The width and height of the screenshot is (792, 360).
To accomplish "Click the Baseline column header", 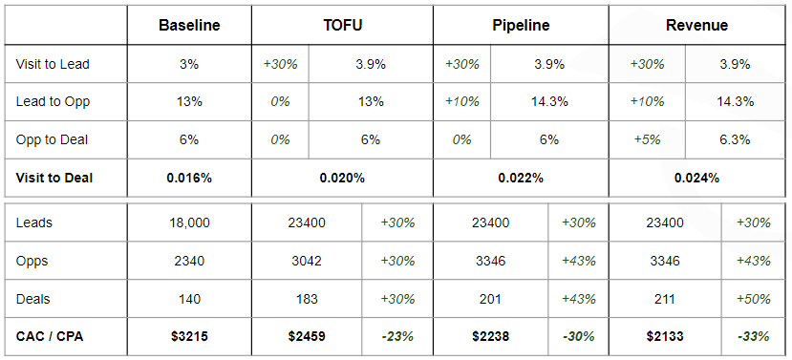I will tap(189, 26).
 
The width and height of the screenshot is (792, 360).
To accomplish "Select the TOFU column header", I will tap(342, 26).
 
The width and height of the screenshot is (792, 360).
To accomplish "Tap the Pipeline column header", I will tap(521, 26).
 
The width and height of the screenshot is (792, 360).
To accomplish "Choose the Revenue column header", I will tap(697, 26).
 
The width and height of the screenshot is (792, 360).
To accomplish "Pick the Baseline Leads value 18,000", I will tap(189, 222).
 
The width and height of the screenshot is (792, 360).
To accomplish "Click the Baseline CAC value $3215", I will tap(189, 336).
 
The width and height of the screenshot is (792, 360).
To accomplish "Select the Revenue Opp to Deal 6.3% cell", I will tap(736, 139).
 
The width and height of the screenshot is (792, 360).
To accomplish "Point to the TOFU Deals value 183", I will tap(307, 299).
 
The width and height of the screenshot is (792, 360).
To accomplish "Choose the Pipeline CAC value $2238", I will tap(490, 336).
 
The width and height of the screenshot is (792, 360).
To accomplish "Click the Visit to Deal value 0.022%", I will tap(521, 178).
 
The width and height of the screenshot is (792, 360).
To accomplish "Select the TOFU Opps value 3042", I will tap(307, 261).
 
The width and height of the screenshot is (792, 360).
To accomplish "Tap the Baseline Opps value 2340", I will tap(189, 261).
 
